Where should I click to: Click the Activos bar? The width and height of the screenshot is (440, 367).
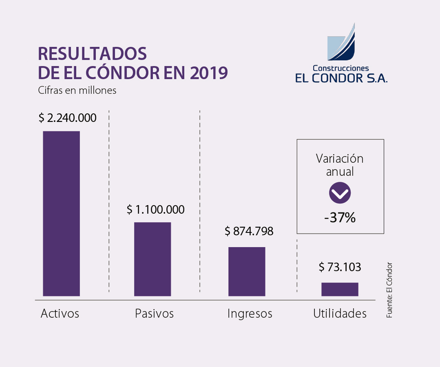tap(62, 213)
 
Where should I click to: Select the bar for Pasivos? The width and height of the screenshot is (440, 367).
tap(152, 259)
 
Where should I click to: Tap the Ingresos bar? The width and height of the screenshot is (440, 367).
tap(246, 271)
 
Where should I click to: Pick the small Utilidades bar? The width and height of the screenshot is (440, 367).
tap(340, 289)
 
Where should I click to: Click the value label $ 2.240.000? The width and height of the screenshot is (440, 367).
tap(68, 118)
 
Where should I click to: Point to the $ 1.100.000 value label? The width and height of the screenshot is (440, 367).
tap(156, 210)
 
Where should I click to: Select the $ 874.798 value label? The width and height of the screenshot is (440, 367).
tap(249, 232)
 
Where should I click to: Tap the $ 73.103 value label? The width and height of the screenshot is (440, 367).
tap(340, 268)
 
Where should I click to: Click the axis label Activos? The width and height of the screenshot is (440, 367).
tap(60, 314)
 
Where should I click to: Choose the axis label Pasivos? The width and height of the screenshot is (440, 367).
tap(154, 314)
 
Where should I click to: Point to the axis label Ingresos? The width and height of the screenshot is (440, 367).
tap(250, 314)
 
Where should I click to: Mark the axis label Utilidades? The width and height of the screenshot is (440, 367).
tap(340, 314)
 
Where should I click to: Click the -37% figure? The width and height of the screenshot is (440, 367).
tap(340, 218)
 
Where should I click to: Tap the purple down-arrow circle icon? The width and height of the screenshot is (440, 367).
tap(340, 193)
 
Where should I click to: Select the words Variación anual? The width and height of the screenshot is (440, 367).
tap(340, 165)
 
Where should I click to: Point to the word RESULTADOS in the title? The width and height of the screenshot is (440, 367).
tap(92, 54)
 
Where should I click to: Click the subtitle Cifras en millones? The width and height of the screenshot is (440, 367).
tap(77, 90)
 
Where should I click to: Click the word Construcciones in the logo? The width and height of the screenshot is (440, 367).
tap(340, 68)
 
